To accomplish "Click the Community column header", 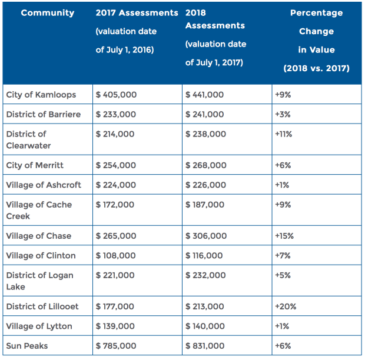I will [48, 13].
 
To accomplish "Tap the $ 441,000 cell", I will [205, 95].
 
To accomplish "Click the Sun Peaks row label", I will [26, 346].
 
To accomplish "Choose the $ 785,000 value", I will [116, 346].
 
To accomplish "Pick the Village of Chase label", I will [38, 236].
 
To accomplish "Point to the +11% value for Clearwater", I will [283, 134].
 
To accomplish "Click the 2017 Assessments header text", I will [137, 13].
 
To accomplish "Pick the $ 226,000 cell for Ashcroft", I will [205, 185].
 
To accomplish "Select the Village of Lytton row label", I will [39, 326].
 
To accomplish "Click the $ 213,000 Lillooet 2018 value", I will [205, 306].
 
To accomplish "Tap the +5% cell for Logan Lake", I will [282, 275].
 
